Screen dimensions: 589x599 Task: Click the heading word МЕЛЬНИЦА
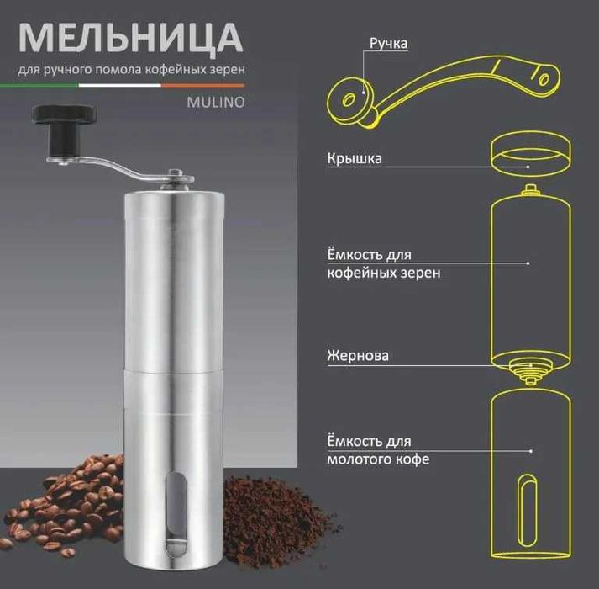(130, 37)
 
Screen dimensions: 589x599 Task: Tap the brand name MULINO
(213, 104)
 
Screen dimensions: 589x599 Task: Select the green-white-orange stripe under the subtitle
(131, 84)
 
